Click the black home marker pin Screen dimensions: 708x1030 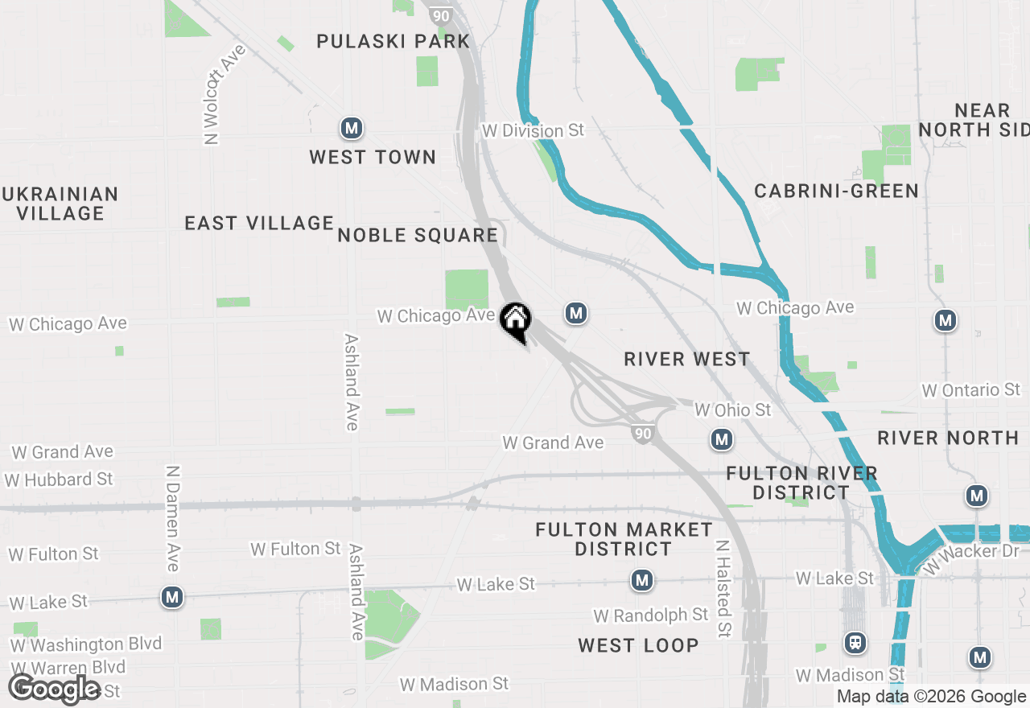(x=515, y=321)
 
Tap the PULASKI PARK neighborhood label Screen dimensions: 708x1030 (x=393, y=41)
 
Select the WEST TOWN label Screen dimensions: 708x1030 (x=373, y=157)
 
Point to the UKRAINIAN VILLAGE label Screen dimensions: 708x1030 (x=60, y=204)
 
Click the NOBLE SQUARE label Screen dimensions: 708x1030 (x=418, y=235)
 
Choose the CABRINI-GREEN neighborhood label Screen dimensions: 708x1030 (x=836, y=191)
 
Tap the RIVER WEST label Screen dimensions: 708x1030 (x=686, y=359)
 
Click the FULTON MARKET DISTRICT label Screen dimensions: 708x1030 (x=624, y=539)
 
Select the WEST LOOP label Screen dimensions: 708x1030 (x=638, y=645)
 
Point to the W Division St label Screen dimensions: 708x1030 (x=533, y=130)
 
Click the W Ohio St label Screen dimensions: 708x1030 (x=732, y=410)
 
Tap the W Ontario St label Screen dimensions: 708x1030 (x=970, y=390)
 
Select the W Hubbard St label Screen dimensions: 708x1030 (x=59, y=480)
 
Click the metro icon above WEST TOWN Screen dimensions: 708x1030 (x=351, y=127)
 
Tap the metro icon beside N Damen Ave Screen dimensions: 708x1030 (x=171, y=597)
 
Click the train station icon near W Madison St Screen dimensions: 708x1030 (x=855, y=643)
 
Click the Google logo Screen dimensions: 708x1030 (x=55, y=689)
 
